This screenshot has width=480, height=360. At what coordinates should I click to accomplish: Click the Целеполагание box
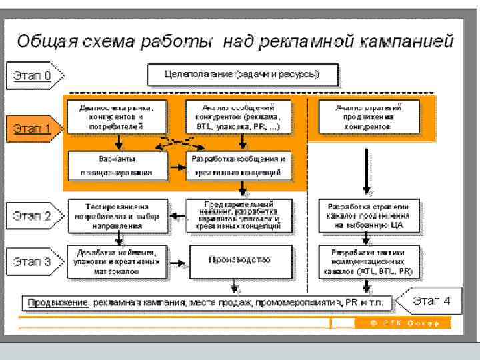(x=242, y=73)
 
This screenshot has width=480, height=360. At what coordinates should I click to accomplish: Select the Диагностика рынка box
(x=116, y=116)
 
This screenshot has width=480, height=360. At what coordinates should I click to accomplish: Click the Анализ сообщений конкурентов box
(x=239, y=116)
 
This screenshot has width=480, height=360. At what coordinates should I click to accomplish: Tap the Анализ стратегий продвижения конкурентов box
(x=369, y=116)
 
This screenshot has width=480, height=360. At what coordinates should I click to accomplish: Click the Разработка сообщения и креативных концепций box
(x=239, y=165)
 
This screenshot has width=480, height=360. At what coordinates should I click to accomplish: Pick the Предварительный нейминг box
(x=239, y=216)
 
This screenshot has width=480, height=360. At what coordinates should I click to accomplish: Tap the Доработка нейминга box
(x=116, y=261)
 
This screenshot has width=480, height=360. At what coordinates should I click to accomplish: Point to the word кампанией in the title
(x=413, y=41)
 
